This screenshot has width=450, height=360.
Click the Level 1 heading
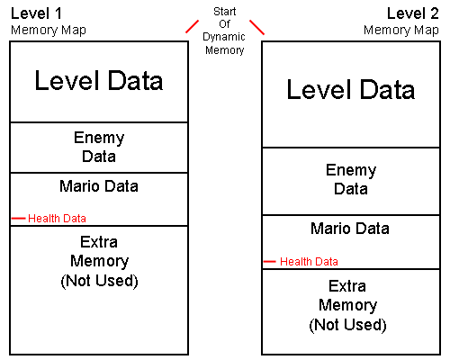pos(36,13)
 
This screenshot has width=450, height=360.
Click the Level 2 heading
pos(413,13)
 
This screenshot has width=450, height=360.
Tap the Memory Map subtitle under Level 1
pos(49,31)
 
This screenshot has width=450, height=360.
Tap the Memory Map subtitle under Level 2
pos(401,31)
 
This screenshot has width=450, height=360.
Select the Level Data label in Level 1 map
pos(99,80)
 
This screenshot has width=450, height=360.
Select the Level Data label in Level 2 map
pos(351,89)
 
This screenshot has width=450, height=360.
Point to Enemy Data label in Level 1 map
pos(99,147)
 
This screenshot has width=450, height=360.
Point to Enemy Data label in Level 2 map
pos(351,179)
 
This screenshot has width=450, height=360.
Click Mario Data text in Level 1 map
pos(99,186)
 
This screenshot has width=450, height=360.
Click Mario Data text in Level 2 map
pos(350,229)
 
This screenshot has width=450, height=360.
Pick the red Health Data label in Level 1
pos(57,219)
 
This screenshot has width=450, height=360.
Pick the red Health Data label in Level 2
pos(309,262)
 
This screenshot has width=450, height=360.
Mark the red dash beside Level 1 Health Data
pos(18,219)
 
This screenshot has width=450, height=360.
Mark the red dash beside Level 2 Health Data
pos(269,262)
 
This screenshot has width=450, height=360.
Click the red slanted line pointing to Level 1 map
pos(192,26)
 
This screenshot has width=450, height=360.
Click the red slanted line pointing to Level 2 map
pos(257,27)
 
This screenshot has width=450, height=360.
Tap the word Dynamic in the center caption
pos(224,37)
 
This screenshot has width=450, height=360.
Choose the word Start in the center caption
pos(225,12)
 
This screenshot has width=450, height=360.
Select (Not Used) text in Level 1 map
pos(99,281)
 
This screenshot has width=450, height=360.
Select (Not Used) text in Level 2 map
pos(347,325)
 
